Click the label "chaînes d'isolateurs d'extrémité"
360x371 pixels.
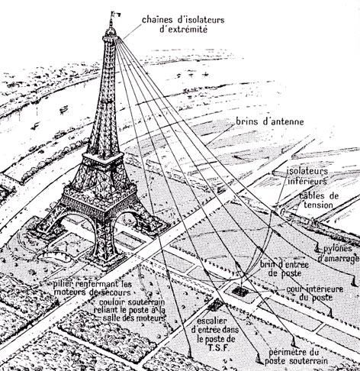(183, 24)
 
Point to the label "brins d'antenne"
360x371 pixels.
(270, 121)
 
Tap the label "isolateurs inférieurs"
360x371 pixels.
(307, 176)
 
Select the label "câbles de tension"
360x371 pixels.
(319, 200)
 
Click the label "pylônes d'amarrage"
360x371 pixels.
(339, 253)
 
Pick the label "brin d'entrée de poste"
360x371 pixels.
(284, 269)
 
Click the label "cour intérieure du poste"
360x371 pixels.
(315, 293)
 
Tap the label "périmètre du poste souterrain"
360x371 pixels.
(296, 356)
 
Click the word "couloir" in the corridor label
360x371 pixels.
(111, 302)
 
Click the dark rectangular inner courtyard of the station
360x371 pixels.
(239, 291)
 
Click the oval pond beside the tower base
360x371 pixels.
(56, 257)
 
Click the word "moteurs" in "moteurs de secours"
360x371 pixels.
(70, 292)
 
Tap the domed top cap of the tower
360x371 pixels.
(111, 31)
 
